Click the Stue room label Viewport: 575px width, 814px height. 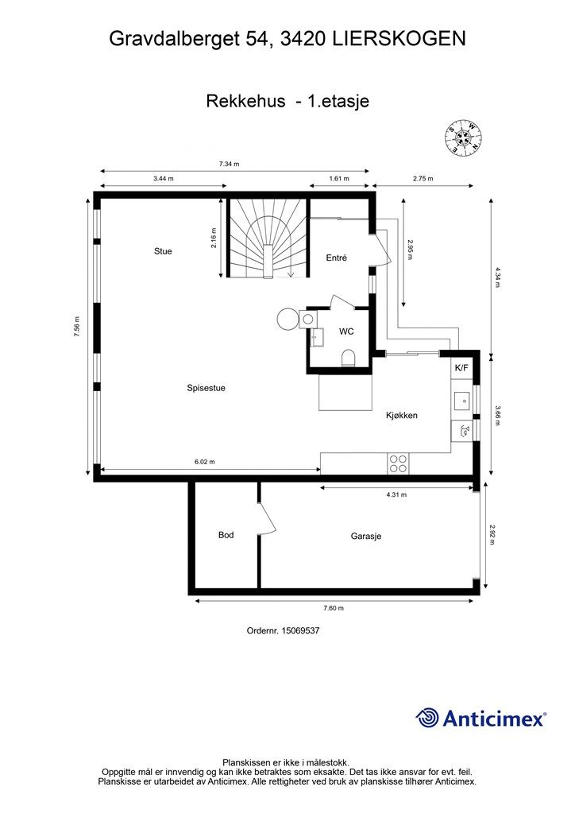(x=163, y=251)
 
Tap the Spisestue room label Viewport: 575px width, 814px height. (x=206, y=388)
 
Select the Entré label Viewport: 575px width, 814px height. (x=337, y=258)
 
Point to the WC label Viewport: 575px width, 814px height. (x=347, y=331)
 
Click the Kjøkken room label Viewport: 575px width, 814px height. (x=402, y=415)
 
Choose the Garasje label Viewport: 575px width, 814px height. (x=366, y=537)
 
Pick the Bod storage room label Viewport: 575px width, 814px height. (x=226, y=535)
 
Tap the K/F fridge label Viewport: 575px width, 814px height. (x=461, y=368)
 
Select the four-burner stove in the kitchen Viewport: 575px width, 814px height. (x=398, y=462)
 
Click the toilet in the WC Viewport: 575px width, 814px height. (x=348, y=358)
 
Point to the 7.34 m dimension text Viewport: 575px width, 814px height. (x=230, y=164)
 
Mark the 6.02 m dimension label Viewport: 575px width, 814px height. (x=205, y=462)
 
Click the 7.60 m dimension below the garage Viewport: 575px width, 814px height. (x=334, y=608)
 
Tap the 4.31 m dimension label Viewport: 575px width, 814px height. (x=396, y=494)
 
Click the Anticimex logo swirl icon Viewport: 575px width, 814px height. (x=428, y=717)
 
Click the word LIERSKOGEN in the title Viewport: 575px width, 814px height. (x=396, y=37)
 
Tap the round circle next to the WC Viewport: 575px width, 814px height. (x=287, y=319)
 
